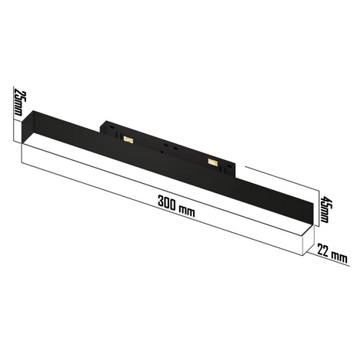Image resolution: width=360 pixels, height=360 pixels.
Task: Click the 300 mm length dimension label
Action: click(x=176, y=206)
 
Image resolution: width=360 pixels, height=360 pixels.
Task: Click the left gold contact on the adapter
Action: click(x=129, y=139)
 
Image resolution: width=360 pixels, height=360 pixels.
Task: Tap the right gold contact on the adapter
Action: click(x=212, y=162)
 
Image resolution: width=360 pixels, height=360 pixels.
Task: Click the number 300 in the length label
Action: click(x=167, y=203)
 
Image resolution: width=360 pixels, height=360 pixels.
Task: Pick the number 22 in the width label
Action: click(x=323, y=250)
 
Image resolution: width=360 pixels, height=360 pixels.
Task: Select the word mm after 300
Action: click(x=187, y=211)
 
